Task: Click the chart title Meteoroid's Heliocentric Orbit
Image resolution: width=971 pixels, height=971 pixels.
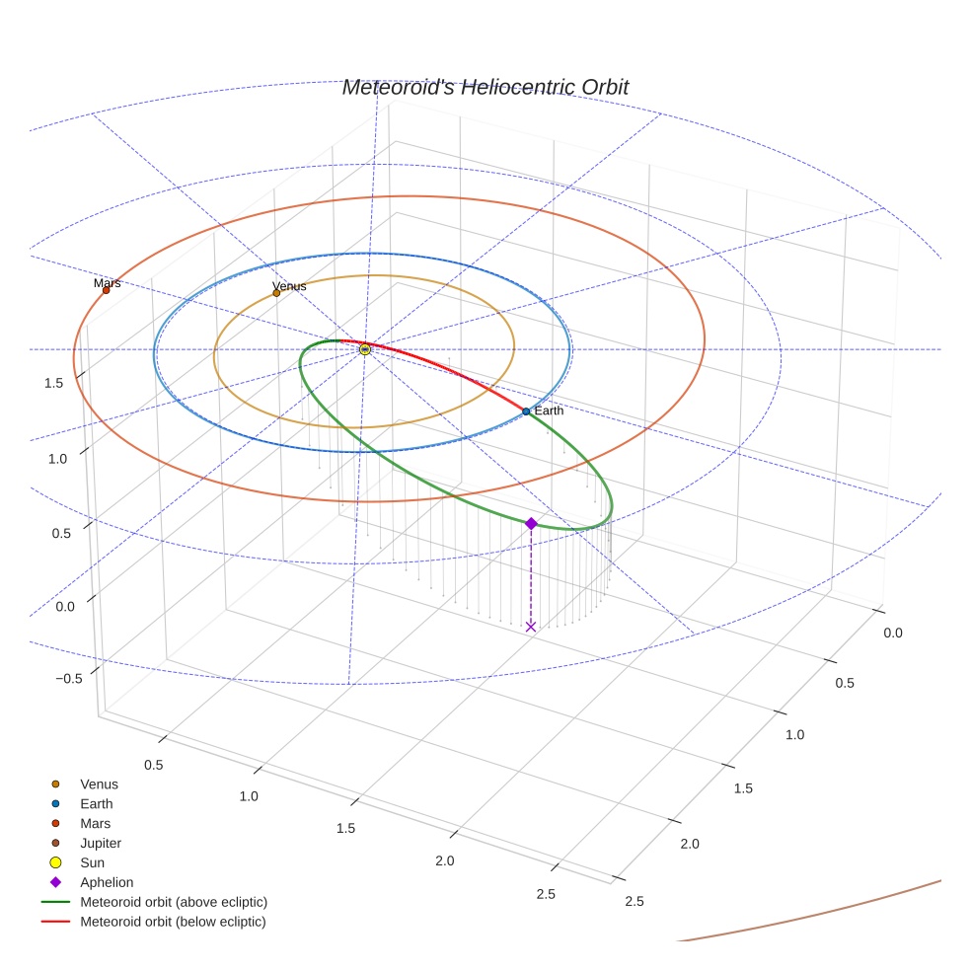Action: [485, 88]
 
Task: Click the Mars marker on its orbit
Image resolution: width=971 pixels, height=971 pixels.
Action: [107, 290]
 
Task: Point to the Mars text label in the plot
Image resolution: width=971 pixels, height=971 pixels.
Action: [108, 283]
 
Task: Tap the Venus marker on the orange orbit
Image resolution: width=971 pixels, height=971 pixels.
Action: [276, 293]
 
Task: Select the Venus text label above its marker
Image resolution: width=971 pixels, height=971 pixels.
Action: [289, 286]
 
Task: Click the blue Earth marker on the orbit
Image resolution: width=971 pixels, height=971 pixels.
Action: [526, 411]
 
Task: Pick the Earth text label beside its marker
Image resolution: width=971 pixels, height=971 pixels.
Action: [549, 411]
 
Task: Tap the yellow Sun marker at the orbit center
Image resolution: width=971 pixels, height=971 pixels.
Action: [365, 349]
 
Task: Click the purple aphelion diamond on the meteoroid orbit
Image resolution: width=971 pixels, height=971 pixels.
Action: [531, 523]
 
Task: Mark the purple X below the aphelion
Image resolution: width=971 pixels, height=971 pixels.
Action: [531, 627]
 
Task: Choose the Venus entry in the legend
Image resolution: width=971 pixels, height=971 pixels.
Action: [99, 784]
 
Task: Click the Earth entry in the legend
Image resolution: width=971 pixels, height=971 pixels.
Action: [97, 804]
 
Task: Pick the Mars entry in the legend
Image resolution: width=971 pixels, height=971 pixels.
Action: [95, 823]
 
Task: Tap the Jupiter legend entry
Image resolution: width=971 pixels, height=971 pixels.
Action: [101, 843]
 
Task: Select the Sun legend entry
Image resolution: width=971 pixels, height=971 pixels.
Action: [92, 862]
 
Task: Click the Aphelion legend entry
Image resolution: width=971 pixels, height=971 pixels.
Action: [107, 882]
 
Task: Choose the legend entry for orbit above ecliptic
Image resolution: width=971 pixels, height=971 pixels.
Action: [174, 902]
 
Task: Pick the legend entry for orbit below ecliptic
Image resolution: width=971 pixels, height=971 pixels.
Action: [173, 922]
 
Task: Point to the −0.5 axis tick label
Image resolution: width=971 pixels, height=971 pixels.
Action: [68, 679]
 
